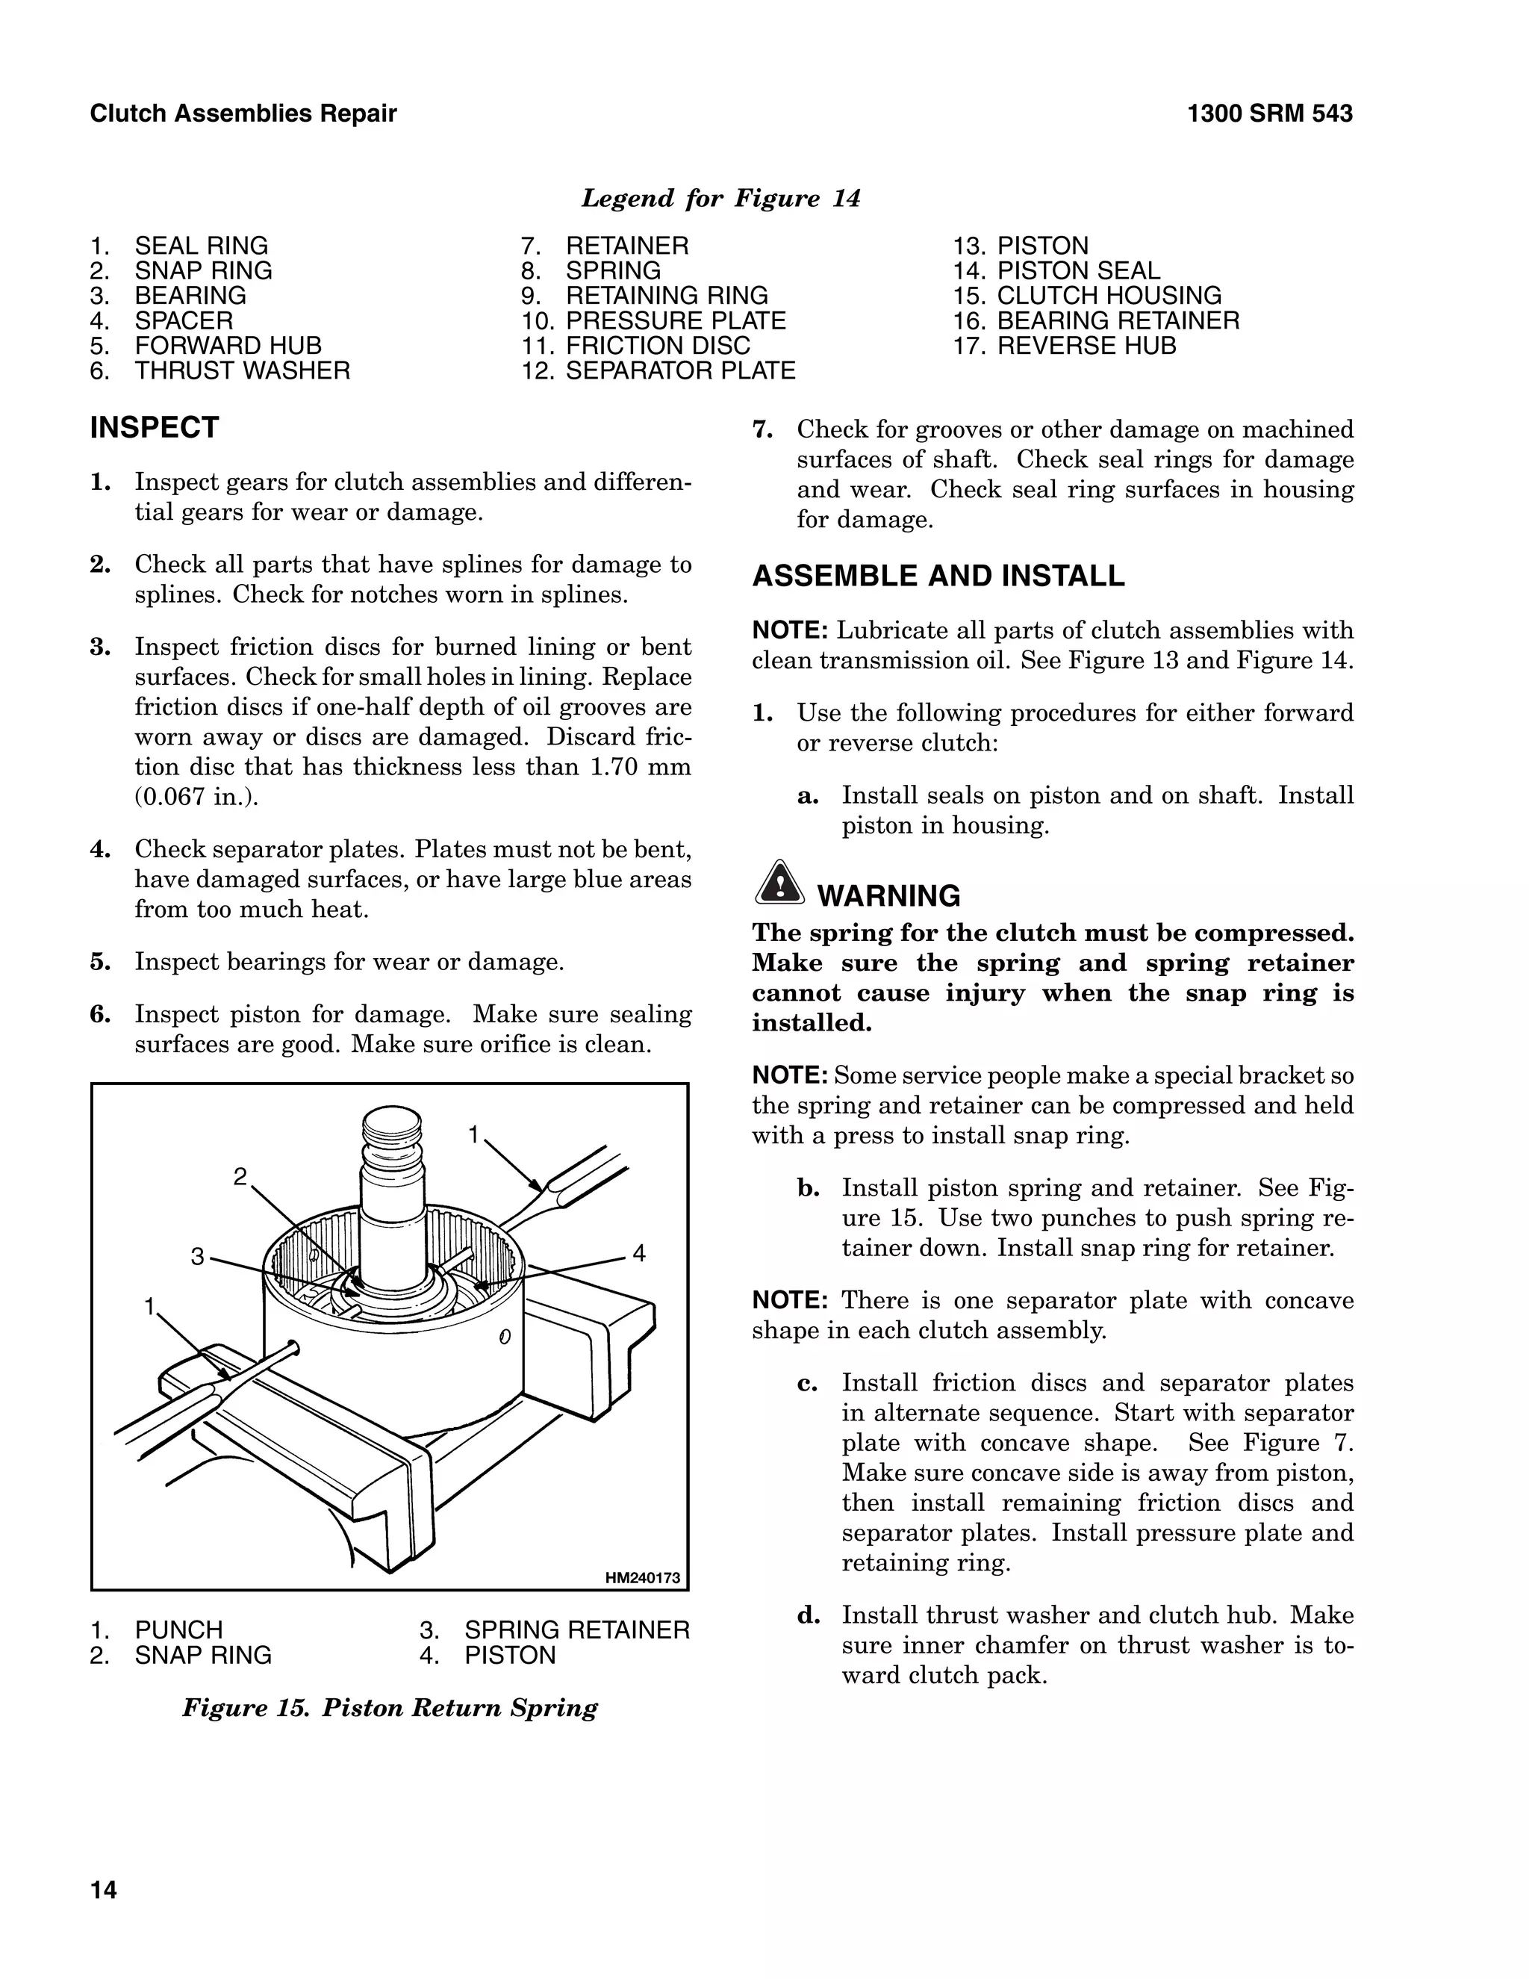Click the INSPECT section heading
(154, 428)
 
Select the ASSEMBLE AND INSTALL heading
(938, 577)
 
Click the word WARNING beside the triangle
(888, 895)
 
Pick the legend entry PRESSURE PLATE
(675, 321)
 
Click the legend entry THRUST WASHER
(242, 370)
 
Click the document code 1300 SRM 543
(1269, 114)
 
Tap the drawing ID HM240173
(642, 1577)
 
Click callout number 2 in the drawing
(240, 1176)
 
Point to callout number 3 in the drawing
(197, 1256)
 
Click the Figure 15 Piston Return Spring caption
(390, 1708)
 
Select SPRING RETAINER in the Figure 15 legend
(576, 1630)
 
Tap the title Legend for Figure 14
(720, 199)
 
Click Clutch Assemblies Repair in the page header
(243, 114)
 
